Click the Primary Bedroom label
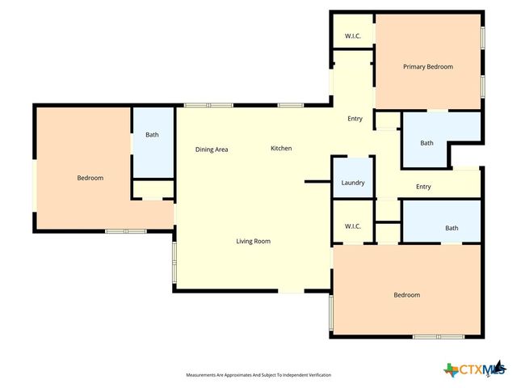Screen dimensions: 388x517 427,67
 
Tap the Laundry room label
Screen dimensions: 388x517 353,183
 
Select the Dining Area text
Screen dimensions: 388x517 212,150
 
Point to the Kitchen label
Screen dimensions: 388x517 281,149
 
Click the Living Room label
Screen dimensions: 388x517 253,242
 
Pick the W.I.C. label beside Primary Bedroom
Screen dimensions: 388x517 352,36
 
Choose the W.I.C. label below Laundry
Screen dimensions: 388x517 352,226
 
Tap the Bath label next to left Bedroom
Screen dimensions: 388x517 152,135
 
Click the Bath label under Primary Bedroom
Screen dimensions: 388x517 427,144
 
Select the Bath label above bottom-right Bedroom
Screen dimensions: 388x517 452,229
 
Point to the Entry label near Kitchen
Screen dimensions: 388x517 355,120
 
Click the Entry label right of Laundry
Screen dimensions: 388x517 423,188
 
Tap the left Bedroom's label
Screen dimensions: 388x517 90,178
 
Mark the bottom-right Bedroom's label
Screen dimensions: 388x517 406,295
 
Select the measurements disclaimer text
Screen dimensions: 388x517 258,375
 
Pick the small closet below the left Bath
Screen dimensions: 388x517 153,190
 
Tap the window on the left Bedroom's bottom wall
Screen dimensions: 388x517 125,231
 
